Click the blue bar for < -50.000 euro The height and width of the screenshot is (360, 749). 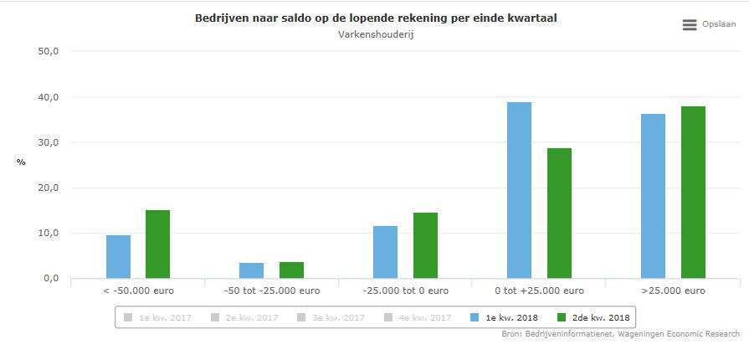coord(118,256)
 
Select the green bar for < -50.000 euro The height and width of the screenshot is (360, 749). coord(157,244)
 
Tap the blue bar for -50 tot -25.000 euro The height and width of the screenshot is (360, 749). coord(251,270)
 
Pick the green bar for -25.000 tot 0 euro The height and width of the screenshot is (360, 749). coord(425,245)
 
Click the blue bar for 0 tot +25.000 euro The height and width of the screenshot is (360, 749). coord(519,190)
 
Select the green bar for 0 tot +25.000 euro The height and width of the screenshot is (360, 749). coord(559,213)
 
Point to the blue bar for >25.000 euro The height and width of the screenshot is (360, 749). coord(653,196)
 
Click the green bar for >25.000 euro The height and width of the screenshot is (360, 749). coord(693,193)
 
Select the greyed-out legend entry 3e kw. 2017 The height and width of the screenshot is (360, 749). coord(331,317)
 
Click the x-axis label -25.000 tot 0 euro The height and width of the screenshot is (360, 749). coord(406,291)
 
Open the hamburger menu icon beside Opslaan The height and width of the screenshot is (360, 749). coord(690,26)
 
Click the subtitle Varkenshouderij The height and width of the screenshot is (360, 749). coord(376,34)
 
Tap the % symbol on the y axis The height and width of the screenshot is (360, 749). coord(21,162)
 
